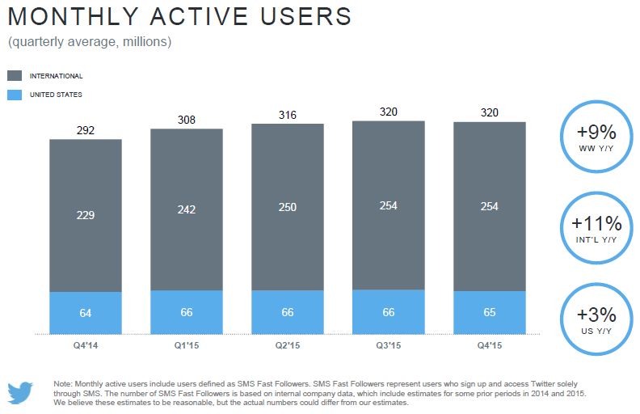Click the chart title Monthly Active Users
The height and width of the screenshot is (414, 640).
point(179,17)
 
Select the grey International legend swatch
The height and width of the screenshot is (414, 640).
point(15,75)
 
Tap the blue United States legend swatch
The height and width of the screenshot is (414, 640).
point(15,95)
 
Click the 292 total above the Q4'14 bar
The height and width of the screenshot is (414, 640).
point(86,129)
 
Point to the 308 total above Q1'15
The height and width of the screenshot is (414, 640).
point(187,120)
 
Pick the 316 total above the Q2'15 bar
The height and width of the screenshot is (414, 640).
point(287,114)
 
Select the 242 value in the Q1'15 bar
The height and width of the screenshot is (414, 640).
point(187,209)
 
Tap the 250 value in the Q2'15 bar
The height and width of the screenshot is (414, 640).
point(287,207)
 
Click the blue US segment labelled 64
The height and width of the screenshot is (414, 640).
point(86,312)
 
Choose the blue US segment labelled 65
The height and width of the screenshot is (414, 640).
point(490,312)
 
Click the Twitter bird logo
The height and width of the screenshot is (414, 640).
point(22,392)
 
